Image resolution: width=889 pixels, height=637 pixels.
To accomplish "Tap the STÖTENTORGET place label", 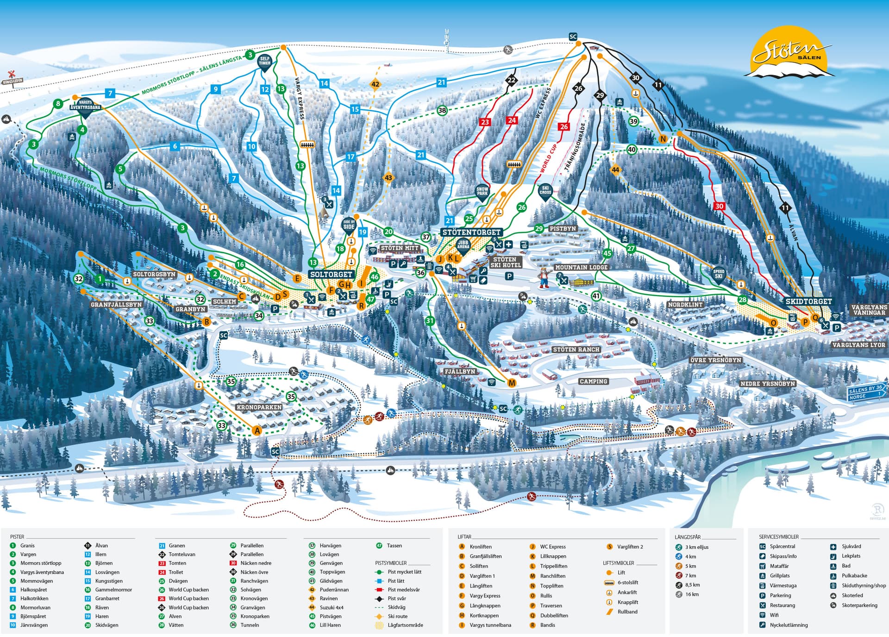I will (471, 232).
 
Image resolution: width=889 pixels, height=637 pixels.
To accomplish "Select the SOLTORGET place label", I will (331, 275).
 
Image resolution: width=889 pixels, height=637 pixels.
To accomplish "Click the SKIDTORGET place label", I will (808, 301).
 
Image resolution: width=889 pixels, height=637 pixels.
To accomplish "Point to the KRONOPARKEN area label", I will (259, 407).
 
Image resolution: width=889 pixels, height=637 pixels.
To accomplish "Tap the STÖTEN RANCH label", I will (576, 350).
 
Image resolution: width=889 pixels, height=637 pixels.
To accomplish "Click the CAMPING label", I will (593, 381).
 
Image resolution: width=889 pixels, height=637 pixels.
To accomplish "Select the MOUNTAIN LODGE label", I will (581, 268).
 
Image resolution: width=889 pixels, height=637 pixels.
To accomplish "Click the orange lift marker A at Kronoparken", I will (257, 431).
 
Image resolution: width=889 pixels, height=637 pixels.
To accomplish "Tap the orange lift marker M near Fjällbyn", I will (512, 383).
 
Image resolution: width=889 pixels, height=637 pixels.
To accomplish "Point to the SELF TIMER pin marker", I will (264, 62).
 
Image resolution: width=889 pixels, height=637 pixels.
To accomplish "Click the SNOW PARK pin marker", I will (482, 192).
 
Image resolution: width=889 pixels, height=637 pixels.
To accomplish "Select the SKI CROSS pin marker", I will (545, 191).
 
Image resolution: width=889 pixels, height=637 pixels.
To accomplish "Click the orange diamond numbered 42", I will (375, 84).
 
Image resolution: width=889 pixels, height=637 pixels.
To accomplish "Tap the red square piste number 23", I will (485, 122).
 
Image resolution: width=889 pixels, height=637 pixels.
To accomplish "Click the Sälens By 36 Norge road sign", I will (866, 393).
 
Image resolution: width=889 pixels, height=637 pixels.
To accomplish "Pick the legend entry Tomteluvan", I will (182, 555).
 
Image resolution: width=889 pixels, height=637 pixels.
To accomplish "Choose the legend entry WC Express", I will (552, 547).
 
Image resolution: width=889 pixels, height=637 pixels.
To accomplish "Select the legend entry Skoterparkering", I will (859, 606).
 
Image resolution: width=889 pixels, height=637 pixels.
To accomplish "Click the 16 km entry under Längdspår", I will (692, 594).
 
